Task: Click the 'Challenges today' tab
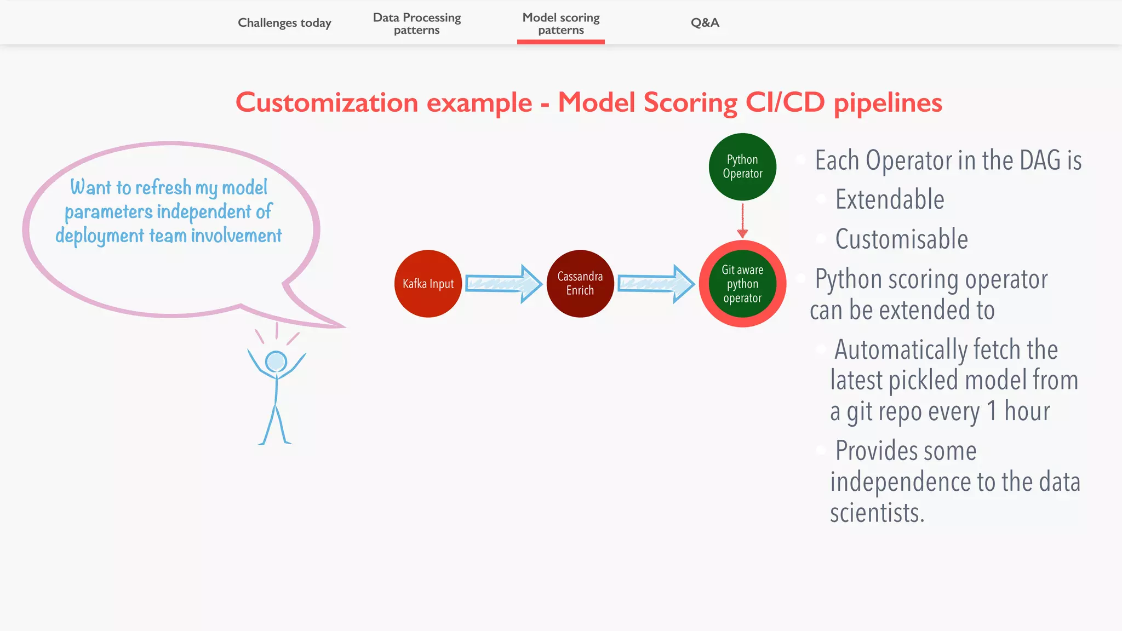[x=284, y=23]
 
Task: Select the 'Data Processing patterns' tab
[x=417, y=24]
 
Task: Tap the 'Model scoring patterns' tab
[x=561, y=24]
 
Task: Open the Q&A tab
[x=705, y=22]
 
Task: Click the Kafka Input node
[x=428, y=284]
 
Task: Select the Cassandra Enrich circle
[x=580, y=284]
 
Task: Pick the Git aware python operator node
[x=742, y=284]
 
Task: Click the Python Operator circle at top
[x=742, y=167]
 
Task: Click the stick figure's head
[x=276, y=362]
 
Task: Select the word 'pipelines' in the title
[x=888, y=102]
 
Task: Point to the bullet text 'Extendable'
[x=890, y=199]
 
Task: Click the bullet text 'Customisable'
[x=901, y=239]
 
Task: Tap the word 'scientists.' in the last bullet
[x=877, y=513]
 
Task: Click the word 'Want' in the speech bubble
[x=91, y=187]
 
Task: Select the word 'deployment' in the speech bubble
[x=100, y=236]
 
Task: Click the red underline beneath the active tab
[x=561, y=42]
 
